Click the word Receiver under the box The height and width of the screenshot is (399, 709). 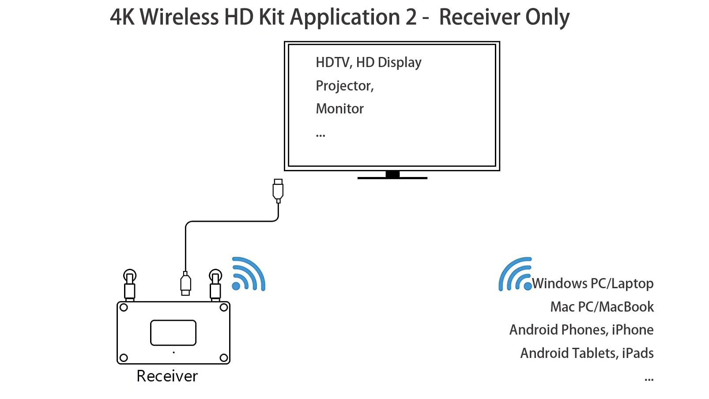pos(167,376)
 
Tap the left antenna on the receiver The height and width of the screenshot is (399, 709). pos(129,285)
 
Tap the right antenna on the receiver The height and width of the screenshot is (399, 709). pos(215,285)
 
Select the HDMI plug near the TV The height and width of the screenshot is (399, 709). pos(278,190)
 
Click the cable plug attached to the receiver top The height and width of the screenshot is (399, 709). pos(185,283)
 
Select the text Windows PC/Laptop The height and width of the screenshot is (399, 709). pos(592,283)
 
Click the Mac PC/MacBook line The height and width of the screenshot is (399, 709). pos(602,307)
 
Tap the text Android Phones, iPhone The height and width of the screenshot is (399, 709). pos(581,330)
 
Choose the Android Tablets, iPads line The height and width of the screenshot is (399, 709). pos(587,353)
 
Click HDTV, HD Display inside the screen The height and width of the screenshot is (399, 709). pos(368,62)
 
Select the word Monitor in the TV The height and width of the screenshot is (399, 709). pos(339,109)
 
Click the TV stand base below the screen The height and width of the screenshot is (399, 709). pos(392,177)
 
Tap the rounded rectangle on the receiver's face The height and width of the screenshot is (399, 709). pos(173,333)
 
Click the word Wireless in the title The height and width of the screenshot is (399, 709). pos(179,17)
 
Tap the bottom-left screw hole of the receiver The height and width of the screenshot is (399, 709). pos(124,358)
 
